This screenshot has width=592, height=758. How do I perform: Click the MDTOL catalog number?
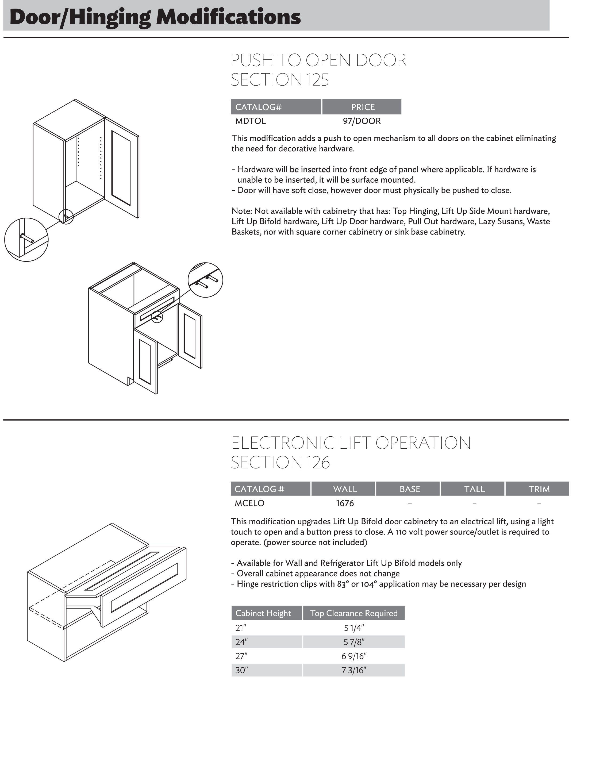[250, 121]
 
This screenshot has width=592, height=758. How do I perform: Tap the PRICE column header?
[362, 107]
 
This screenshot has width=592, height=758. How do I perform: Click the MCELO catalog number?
[249, 503]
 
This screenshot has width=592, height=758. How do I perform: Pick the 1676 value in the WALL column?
[345, 503]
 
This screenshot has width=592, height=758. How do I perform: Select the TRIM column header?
[539, 489]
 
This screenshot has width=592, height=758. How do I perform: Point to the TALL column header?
[474, 489]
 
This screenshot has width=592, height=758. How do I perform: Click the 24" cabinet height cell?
[240, 642]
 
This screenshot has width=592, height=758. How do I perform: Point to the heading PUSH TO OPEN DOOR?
[318, 60]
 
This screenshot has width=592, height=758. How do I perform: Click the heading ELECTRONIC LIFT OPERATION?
[351, 443]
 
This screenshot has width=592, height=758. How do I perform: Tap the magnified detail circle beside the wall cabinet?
[26, 240]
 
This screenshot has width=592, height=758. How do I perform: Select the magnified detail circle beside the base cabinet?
[205, 280]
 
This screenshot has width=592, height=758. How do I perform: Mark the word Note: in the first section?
[242, 211]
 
